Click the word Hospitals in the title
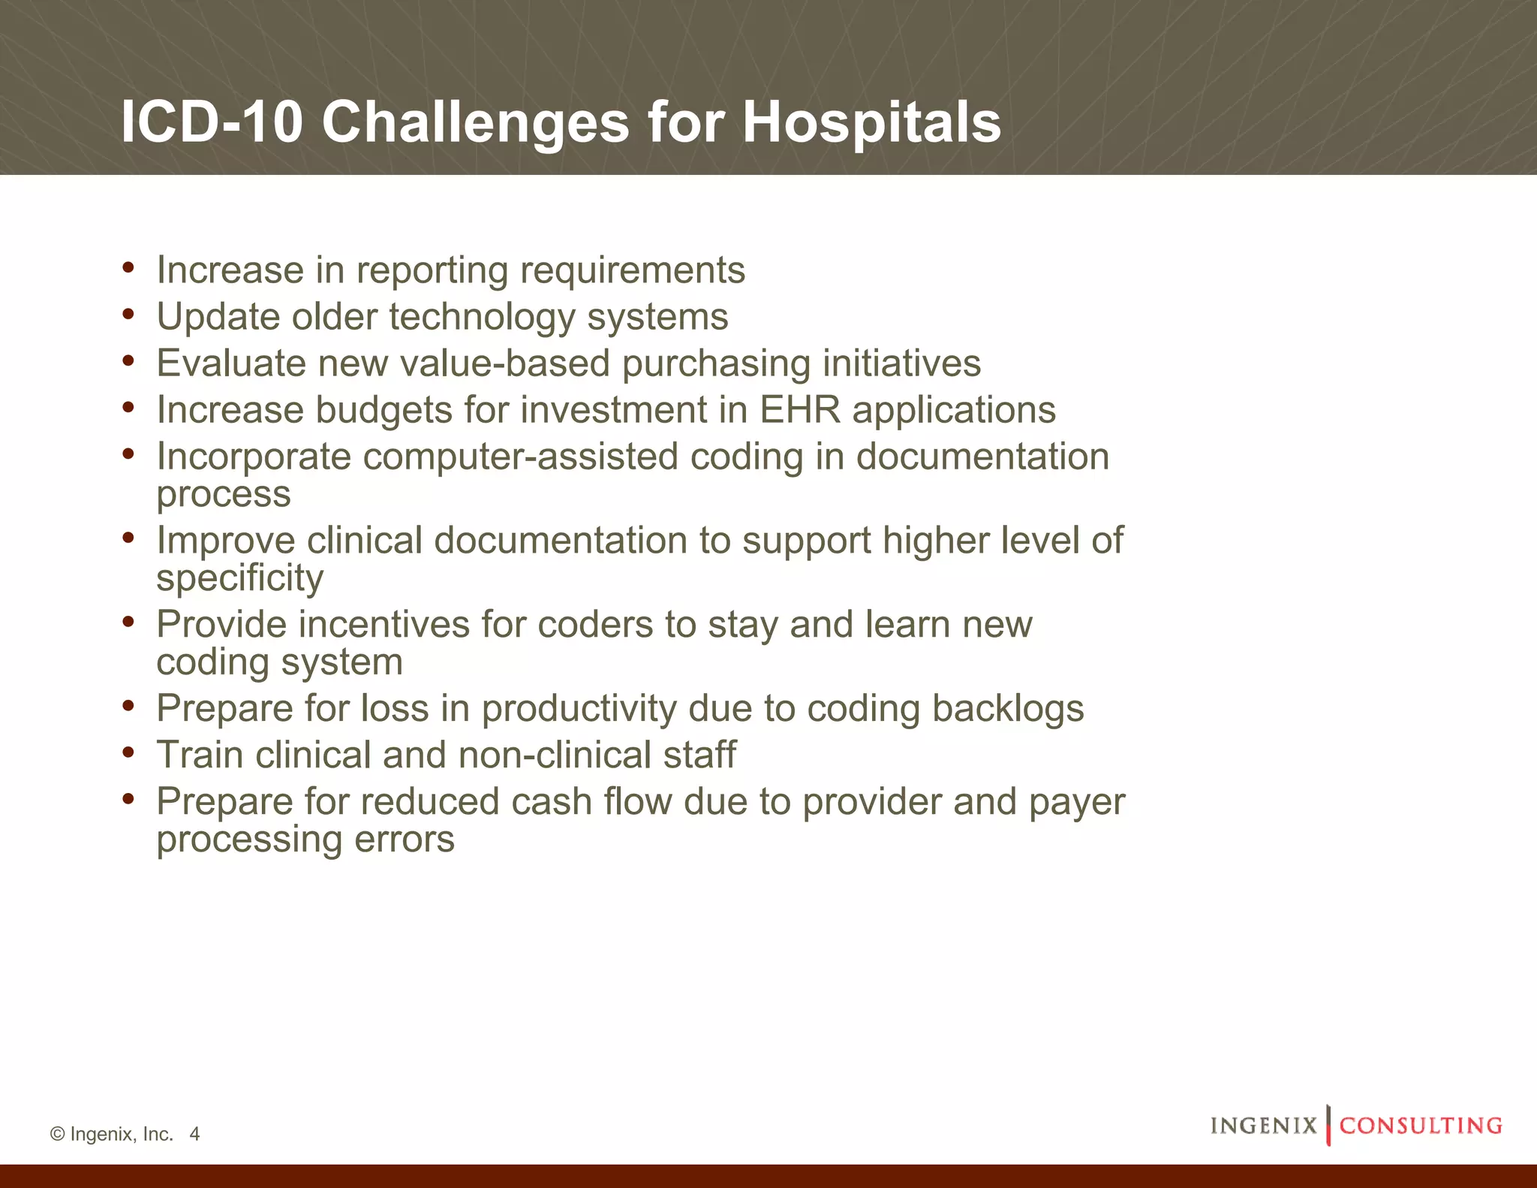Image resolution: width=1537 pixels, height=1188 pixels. tap(871, 122)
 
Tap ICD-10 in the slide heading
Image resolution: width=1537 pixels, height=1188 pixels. tap(212, 122)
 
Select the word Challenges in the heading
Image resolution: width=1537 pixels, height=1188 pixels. tap(475, 122)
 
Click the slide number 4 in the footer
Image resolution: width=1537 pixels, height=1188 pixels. tap(194, 1134)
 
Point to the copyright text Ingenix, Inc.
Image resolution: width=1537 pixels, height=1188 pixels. tap(121, 1134)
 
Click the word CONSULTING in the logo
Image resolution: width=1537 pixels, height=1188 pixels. tap(1421, 1126)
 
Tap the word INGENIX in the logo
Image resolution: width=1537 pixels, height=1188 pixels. tap(1264, 1126)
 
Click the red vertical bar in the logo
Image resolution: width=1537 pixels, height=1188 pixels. tap(1328, 1125)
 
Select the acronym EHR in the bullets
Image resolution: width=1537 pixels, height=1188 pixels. tap(800, 410)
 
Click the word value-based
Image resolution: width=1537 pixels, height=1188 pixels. tap(504, 363)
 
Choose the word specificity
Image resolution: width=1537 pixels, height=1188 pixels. tap(240, 578)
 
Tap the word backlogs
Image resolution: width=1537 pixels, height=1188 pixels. tap(1008, 708)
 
